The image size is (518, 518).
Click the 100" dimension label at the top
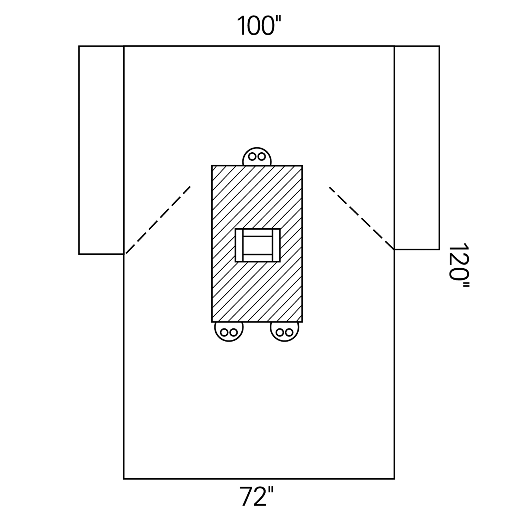tap(259, 26)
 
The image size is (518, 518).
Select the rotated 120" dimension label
tap(459, 267)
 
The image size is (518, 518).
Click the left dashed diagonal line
tap(158, 220)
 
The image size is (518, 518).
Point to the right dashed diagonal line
tap(362, 218)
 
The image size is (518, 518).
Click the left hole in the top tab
tap(252, 157)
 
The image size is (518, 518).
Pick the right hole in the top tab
tap(262, 157)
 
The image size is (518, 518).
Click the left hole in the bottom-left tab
tap(224, 333)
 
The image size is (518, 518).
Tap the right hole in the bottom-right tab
tap(290, 333)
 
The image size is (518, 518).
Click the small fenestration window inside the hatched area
tap(258, 245)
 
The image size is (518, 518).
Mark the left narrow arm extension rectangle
tap(101, 150)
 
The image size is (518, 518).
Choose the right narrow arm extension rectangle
tap(417, 147)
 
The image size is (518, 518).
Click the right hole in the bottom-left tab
tap(234, 333)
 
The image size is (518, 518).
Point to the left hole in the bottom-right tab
tap(280, 333)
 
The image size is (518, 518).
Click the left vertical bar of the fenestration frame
tap(239, 245)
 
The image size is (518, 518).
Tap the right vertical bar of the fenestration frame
tap(276, 245)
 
